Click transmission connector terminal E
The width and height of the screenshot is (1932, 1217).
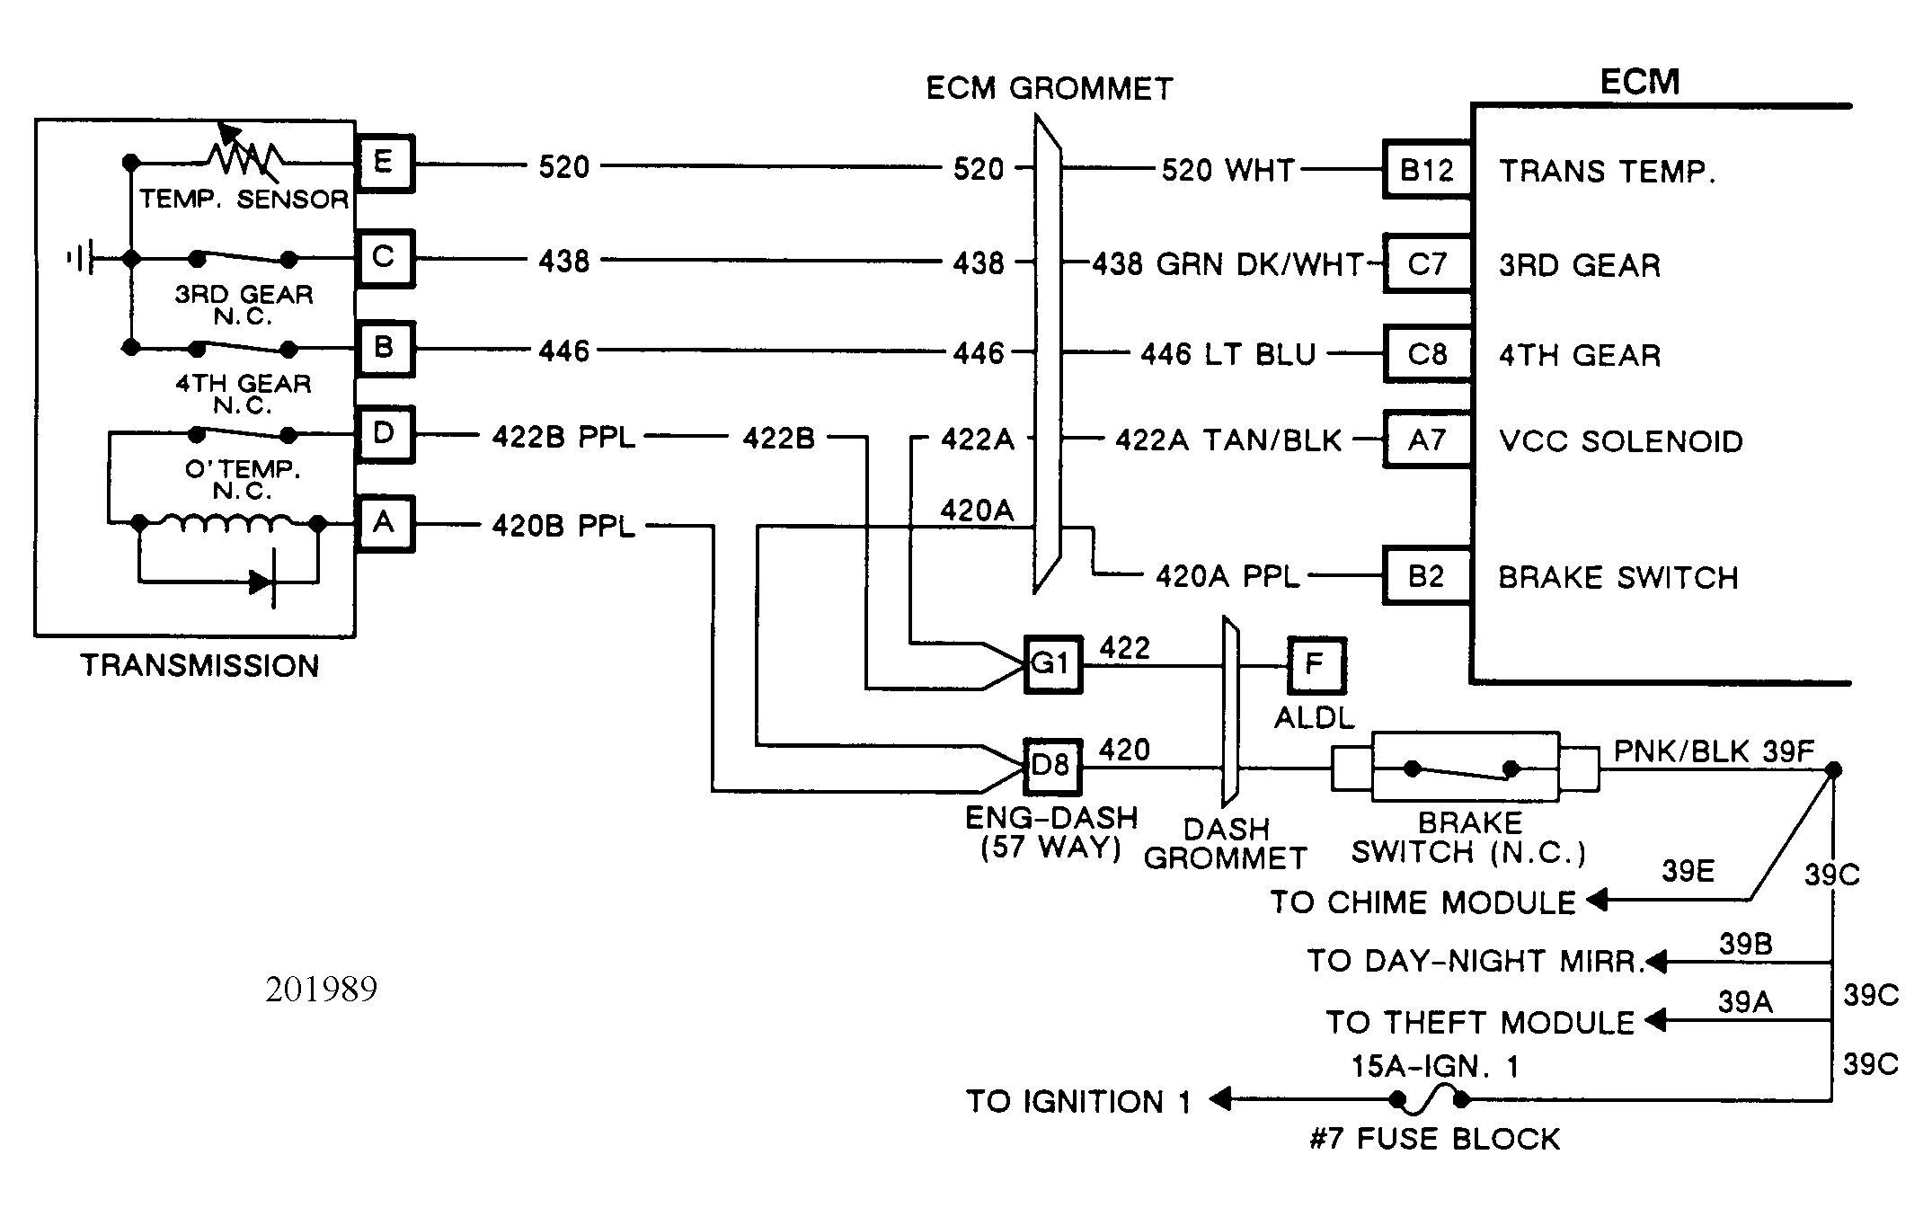[385, 164]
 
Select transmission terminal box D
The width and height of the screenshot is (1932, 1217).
[385, 435]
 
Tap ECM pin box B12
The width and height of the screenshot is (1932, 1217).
[1427, 170]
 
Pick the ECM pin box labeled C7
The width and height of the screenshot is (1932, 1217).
[1427, 263]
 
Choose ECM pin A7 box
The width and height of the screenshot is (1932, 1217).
[1427, 440]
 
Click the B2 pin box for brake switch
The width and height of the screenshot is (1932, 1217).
[1427, 575]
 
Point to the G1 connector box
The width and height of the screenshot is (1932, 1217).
[1053, 665]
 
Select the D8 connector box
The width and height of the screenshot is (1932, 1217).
[1053, 767]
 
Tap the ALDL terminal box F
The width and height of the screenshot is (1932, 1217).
[1316, 666]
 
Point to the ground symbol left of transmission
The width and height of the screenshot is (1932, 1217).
[81, 259]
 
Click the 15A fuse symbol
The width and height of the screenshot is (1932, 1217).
[1429, 1097]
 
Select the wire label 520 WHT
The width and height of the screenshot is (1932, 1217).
[1228, 170]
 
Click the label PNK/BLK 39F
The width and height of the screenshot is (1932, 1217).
[1714, 751]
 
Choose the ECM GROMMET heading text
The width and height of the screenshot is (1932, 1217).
[1050, 88]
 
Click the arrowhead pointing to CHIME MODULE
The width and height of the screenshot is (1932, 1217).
[1597, 899]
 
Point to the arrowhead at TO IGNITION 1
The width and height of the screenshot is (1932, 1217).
[1219, 1098]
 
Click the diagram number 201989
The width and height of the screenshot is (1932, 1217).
[321, 990]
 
